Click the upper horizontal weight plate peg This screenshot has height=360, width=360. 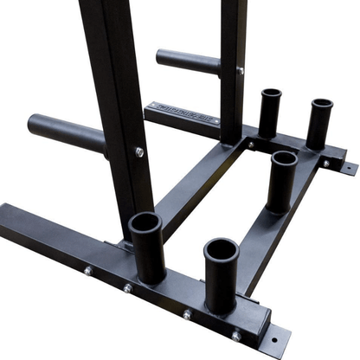186,62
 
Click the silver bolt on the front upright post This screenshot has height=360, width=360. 138,151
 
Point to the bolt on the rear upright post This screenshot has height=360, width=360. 240,71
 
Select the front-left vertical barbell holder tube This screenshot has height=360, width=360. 147,248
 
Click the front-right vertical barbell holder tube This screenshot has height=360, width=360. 221,275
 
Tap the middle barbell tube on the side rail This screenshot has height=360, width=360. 282,181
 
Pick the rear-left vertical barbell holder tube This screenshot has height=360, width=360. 270,112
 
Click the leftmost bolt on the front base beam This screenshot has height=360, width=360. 88,271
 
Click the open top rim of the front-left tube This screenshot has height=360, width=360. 145,224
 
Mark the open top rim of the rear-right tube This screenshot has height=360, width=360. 322,105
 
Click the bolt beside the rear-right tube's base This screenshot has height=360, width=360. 326,162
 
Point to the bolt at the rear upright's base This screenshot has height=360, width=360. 250,145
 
